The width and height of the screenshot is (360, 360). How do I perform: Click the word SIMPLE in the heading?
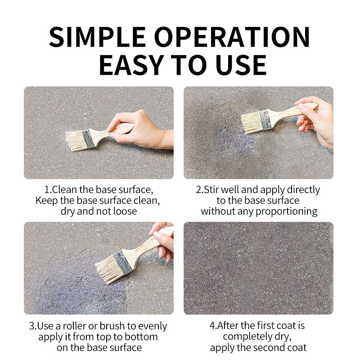[x=98, y=37]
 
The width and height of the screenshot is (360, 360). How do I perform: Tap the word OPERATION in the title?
[x=232, y=37]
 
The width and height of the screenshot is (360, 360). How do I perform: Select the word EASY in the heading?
[x=131, y=65]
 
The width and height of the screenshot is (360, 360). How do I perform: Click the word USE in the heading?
[x=241, y=65]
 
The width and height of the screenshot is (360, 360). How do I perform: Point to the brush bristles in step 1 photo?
[x=75, y=141]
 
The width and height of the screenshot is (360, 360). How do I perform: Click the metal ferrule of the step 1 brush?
[x=88, y=139]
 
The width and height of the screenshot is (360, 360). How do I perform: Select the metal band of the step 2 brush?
[x=265, y=119]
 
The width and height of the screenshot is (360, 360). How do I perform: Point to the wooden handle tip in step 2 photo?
[x=315, y=106]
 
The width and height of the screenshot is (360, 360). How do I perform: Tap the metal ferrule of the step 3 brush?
[x=123, y=262]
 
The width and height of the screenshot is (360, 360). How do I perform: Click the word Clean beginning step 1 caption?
[x=65, y=189]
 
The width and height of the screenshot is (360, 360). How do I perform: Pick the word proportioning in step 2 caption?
[x=287, y=211]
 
